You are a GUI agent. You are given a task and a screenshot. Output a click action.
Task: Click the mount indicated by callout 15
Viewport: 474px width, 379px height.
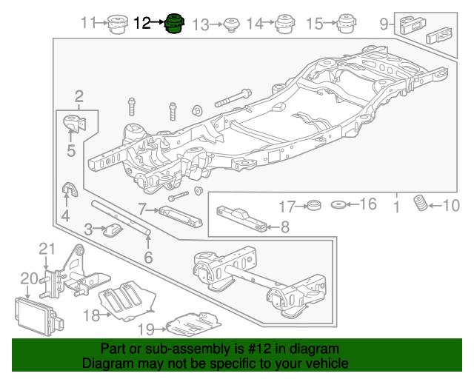(x=344, y=24)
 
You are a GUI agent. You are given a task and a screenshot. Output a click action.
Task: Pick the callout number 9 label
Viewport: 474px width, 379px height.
(x=384, y=24)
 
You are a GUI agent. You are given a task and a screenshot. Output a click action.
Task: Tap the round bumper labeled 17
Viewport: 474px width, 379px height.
(x=313, y=204)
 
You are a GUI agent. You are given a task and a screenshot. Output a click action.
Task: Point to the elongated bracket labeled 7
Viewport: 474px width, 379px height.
(x=178, y=216)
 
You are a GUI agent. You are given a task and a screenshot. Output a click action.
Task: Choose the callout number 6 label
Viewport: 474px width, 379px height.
(x=148, y=258)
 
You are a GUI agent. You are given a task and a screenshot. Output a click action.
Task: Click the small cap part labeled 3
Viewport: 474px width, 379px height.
(x=113, y=230)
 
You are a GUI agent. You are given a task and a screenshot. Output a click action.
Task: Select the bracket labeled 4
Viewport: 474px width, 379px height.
(x=68, y=192)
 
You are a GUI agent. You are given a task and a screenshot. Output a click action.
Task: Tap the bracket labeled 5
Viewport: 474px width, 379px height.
(x=73, y=124)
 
